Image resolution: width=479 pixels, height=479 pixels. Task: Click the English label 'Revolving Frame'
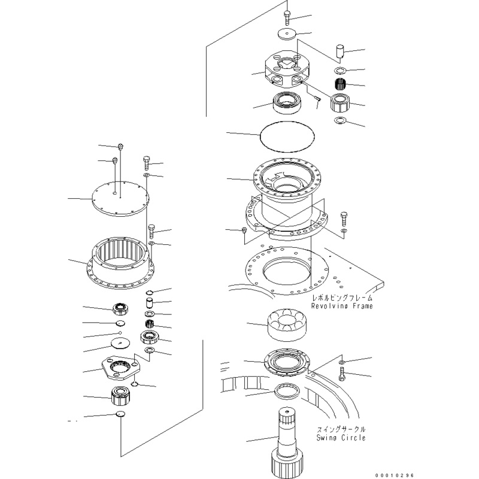click(341, 306)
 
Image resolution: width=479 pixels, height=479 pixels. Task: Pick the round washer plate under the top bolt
click(289, 34)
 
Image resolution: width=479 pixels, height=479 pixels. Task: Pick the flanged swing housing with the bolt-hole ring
click(286, 192)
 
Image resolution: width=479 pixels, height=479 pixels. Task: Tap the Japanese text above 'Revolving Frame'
click(341, 298)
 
